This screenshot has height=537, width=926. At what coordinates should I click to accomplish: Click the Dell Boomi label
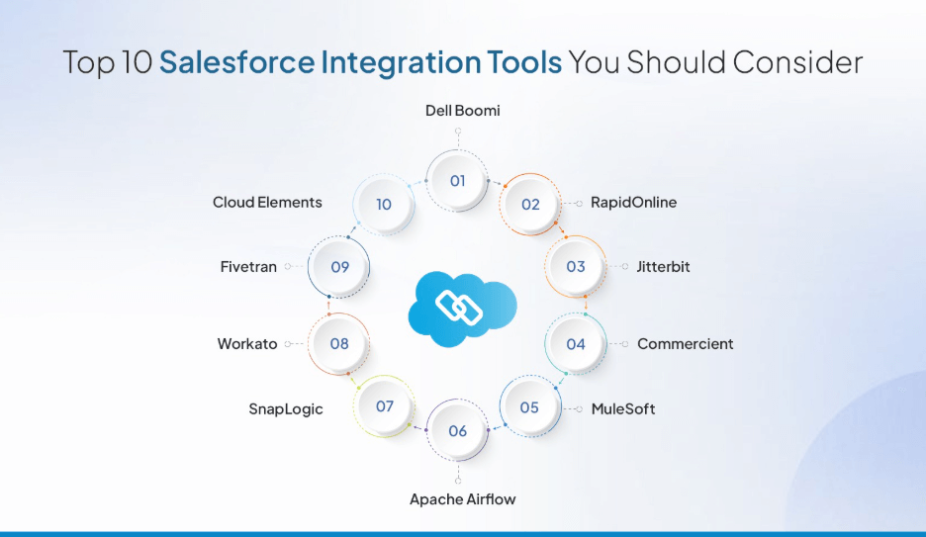(462, 111)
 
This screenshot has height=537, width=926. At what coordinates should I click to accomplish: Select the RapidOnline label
(633, 203)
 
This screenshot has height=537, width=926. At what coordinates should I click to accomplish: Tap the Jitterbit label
(663, 267)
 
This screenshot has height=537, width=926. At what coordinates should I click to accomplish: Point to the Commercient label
(685, 344)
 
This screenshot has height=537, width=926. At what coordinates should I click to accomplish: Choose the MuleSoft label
(622, 408)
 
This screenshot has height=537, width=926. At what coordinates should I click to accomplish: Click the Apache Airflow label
(462, 499)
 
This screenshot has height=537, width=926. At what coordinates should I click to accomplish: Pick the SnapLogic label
(285, 409)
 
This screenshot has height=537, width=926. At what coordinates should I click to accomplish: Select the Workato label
(247, 344)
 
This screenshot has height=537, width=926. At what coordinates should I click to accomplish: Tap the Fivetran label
(248, 267)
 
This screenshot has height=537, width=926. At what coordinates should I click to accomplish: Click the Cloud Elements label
(267, 203)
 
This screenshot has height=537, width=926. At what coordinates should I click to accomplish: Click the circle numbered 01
(457, 181)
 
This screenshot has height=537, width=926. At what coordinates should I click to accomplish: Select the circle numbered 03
(576, 267)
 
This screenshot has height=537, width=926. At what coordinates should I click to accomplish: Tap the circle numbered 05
(529, 407)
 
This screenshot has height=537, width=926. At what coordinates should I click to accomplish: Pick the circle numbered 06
(457, 431)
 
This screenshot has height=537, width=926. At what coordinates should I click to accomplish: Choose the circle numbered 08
(339, 344)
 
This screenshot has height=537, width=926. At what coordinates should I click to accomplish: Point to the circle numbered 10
(384, 205)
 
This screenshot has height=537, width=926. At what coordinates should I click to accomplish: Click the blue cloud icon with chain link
(462, 306)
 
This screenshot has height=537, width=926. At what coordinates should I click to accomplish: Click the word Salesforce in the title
(236, 62)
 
